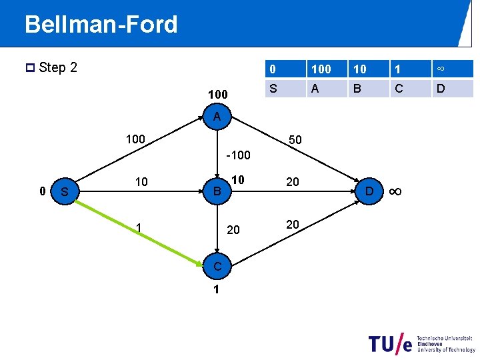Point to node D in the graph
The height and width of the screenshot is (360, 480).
point(369,192)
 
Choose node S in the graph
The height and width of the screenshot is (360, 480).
point(65,192)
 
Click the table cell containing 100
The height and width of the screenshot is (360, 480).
point(321,69)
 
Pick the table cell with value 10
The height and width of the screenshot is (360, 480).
point(360,69)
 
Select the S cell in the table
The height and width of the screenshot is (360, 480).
point(273,87)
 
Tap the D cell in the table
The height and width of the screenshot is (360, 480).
point(440,87)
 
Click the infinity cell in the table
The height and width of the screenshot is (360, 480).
point(440,69)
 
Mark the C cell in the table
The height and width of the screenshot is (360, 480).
point(398,87)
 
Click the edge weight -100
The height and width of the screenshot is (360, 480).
point(238,155)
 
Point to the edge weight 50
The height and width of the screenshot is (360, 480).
point(294,140)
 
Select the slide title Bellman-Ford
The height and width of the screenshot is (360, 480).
point(101,25)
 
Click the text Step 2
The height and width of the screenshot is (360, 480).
point(58,67)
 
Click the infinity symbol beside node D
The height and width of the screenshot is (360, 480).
point(395,192)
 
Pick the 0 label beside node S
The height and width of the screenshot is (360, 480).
point(42,191)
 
